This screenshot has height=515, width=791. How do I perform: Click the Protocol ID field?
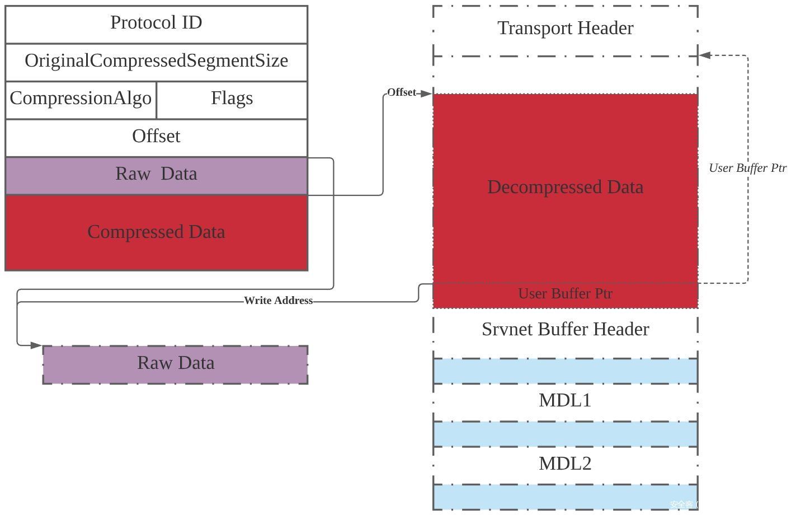point(156,24)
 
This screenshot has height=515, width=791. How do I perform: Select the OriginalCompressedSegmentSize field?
point(156,61)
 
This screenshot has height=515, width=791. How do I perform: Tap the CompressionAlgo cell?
point(81,99)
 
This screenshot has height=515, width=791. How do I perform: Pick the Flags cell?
point(232,99)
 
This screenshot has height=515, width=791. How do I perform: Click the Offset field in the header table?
point(156,137)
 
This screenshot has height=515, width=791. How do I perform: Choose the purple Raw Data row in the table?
point(156,175)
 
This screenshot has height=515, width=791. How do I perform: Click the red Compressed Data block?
point(156,232)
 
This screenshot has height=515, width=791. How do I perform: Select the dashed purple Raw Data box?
point(176,364)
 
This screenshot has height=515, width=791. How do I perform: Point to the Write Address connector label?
point(278,301)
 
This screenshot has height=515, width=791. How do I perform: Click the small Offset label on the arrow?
point(402,92)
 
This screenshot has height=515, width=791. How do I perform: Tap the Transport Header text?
point(566,29)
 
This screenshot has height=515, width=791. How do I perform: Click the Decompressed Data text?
point(566,188)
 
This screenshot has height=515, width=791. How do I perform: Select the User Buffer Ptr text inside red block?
point(566,294)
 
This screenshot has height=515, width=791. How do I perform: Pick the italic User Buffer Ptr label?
point(747,168)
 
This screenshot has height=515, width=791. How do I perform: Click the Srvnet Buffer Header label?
point(566,330)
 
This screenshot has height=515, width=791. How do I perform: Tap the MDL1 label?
point(566,401)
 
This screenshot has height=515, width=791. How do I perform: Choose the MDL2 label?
point(566,464)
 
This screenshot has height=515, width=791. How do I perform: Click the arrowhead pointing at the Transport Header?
point(704,55)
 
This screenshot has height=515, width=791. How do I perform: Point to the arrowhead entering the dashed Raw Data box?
point(36,345)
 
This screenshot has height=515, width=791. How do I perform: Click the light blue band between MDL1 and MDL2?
point(566,434)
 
